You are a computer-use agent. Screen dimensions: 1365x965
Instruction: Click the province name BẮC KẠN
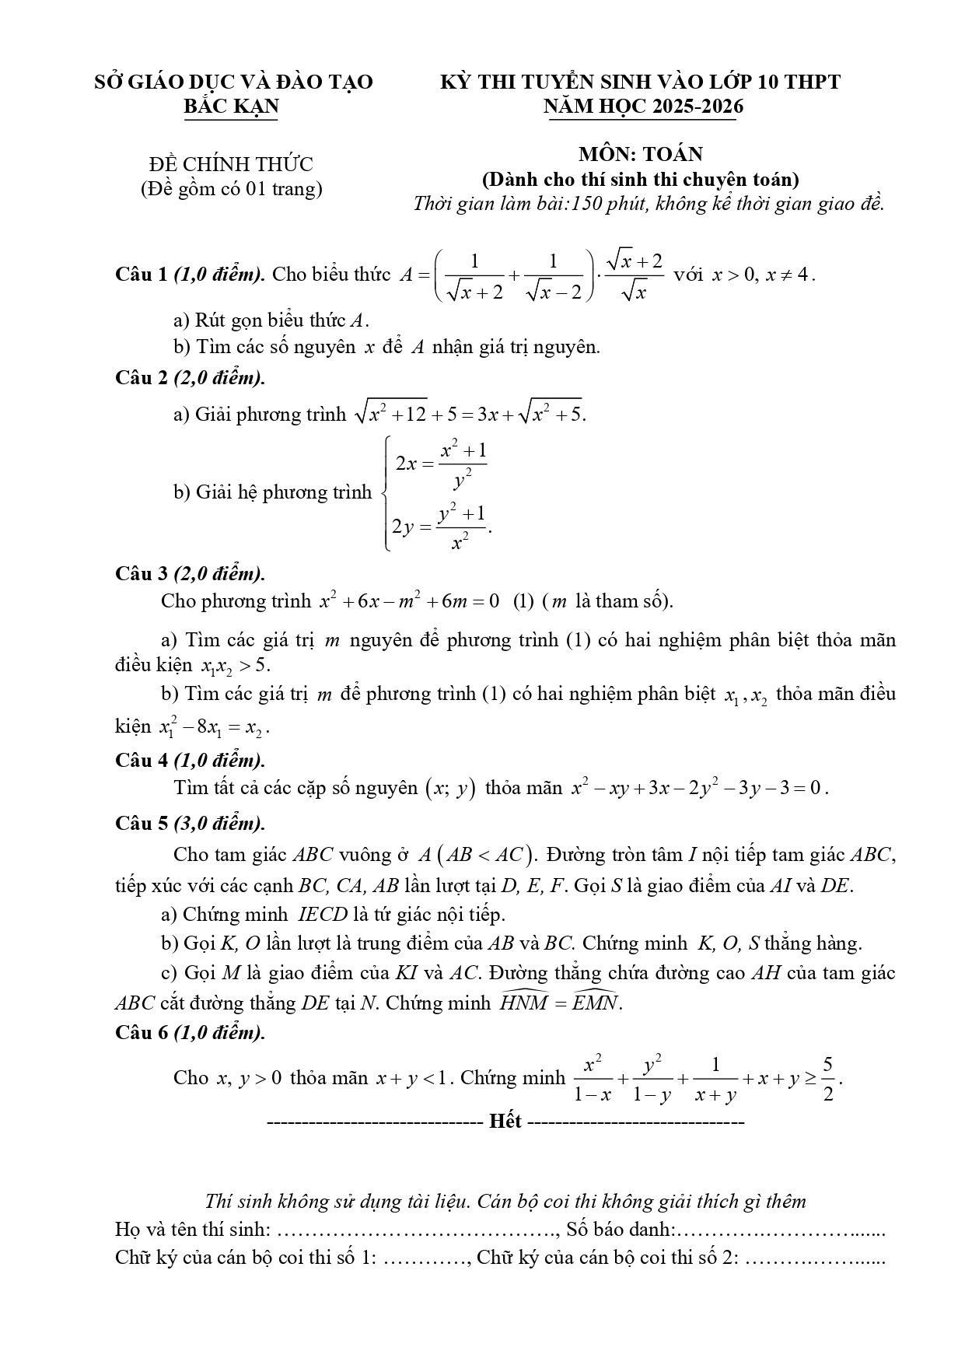(x=231, y=107)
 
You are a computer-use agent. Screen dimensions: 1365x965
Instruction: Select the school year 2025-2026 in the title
(x=697, y=107)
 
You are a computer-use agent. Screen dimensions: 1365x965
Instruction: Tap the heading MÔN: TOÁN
(x=640, y=153)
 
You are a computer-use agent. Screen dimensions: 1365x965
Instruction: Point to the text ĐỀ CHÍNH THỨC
(x=231, y=164)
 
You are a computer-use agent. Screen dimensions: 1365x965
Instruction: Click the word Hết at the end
(x=505, y=1122)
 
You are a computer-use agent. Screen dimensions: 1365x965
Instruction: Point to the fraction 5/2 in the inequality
(x=828, y=1079)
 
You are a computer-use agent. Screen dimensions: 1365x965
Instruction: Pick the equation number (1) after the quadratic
(x=523, y=601)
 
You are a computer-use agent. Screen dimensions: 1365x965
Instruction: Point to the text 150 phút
(x=599, y=205)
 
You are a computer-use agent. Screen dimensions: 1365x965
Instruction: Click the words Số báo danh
(x=619, y=1230)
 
